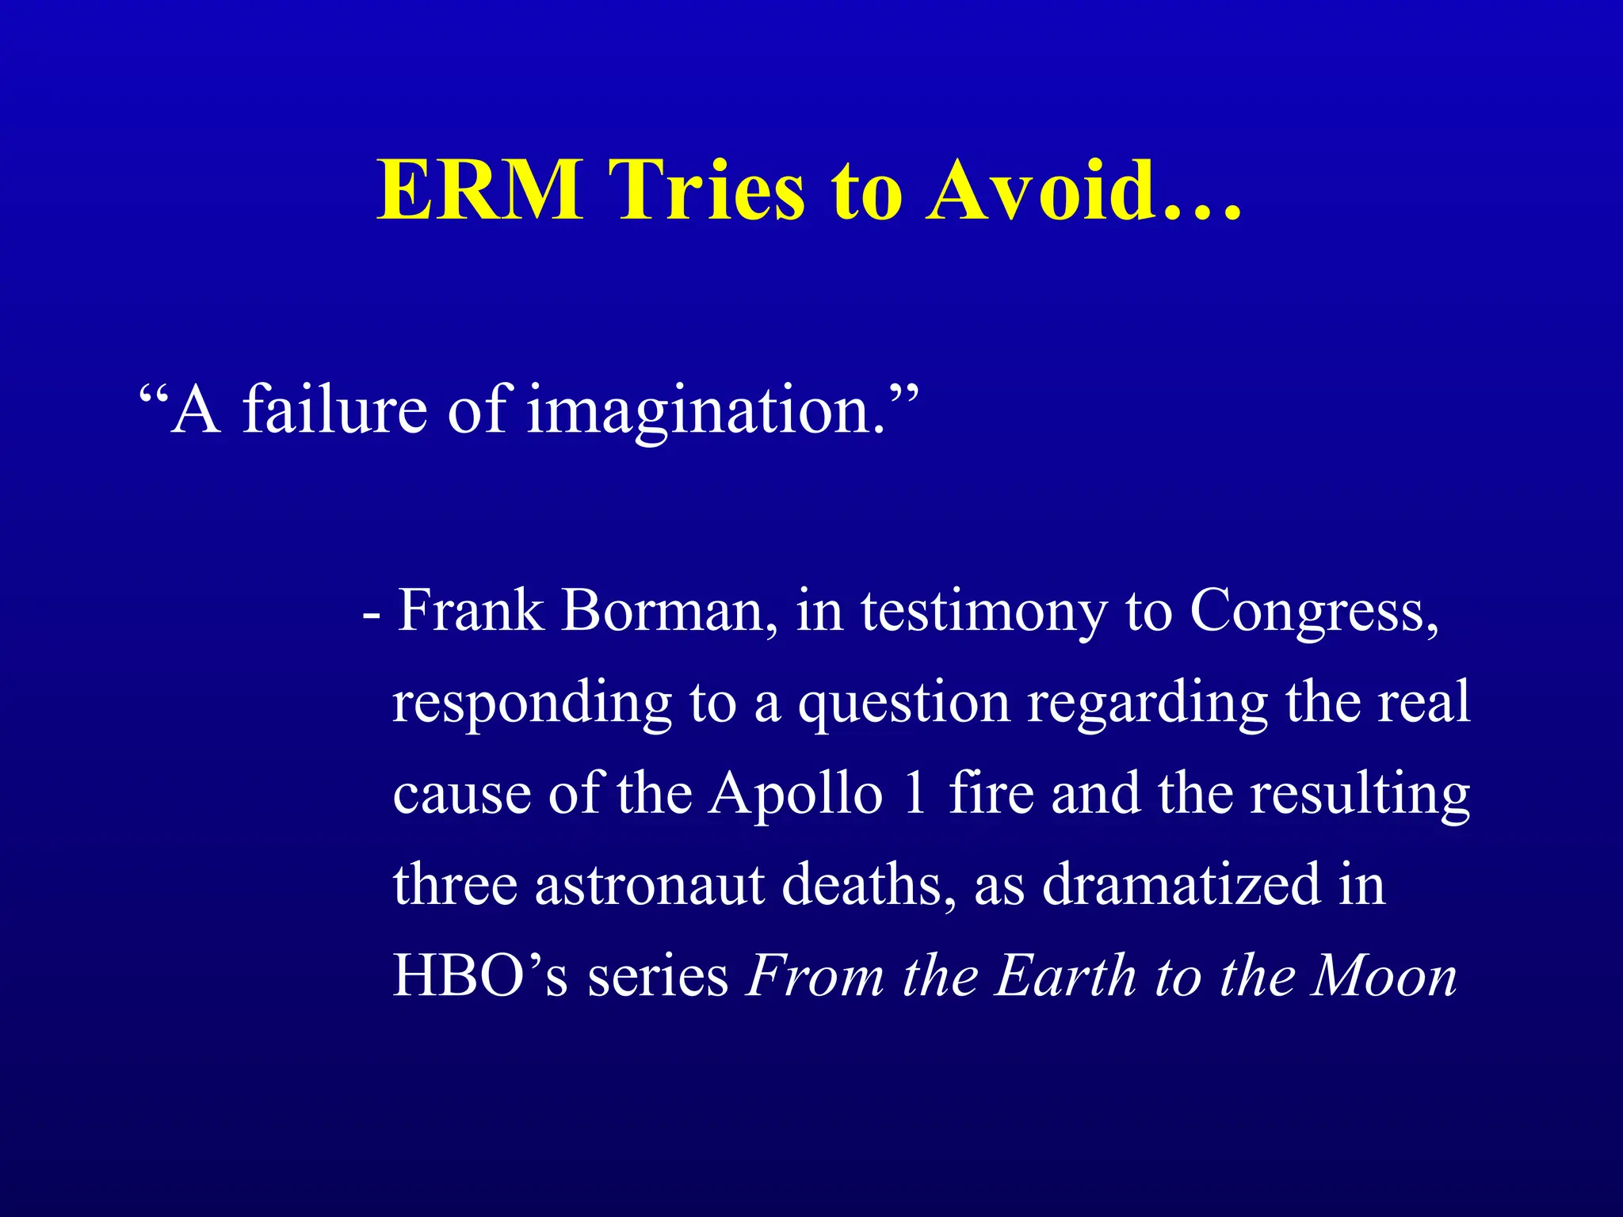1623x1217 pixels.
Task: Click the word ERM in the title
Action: coord(480,190)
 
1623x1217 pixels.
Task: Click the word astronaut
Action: coord(650,885)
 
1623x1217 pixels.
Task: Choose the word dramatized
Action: coord(1181,885)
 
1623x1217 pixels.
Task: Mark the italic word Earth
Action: coord(1066,975)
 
